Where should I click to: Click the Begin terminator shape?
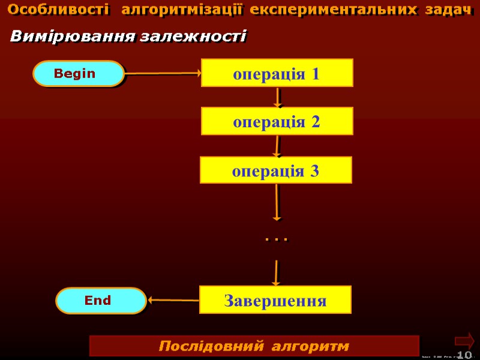coord(78,73)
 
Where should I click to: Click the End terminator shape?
coord(101,300)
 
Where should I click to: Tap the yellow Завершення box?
coord(275,299)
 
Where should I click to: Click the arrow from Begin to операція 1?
coord(162,73)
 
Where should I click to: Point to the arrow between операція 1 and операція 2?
coord(277,97)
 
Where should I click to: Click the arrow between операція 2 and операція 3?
coord(277,146)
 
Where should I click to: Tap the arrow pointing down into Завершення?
coord(276,273)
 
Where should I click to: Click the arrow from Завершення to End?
coord(173,299)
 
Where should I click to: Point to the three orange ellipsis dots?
coord(276,239)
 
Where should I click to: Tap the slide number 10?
coord(464,355)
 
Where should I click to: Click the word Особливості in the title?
coord(59,10)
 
